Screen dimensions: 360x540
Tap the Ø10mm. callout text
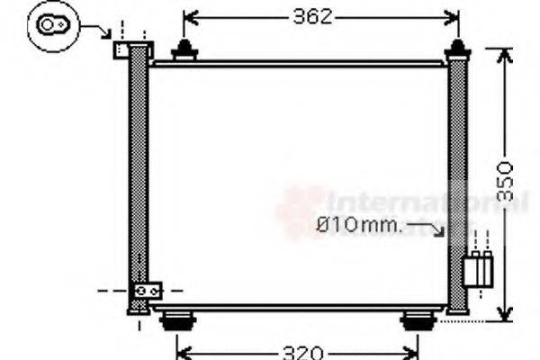click(359, 225)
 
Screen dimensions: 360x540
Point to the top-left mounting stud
click(185, 50)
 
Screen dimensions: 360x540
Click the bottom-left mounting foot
click(176, 319)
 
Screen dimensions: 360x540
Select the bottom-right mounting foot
click(416, 319)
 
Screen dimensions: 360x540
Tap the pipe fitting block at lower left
click(147, 292)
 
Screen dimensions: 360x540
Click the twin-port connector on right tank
click(479, 267)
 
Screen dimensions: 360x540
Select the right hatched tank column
click(458, 180)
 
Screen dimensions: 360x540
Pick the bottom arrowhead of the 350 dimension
click(505, 313)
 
